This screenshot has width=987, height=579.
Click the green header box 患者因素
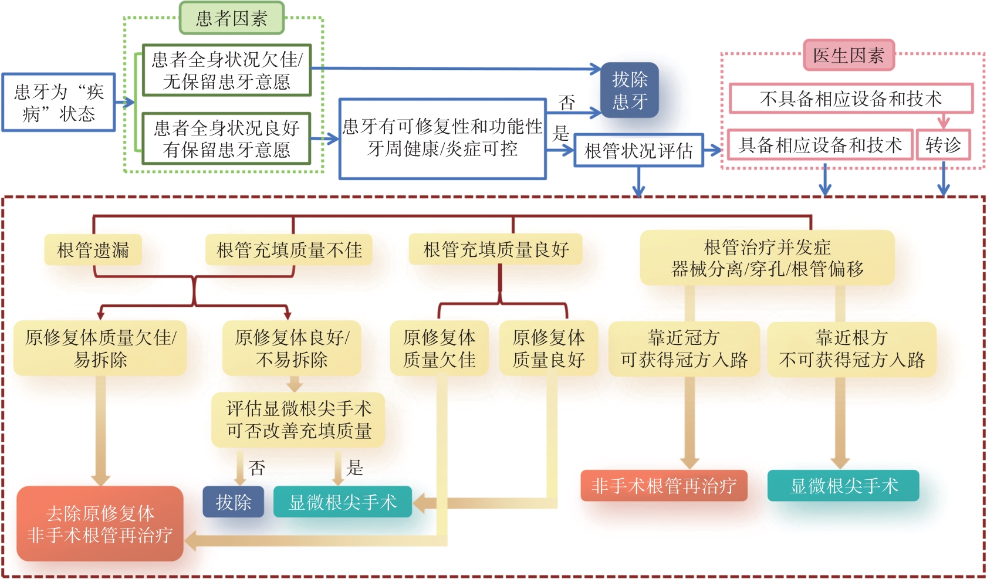[231, 18]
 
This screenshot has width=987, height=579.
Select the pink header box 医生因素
[848, 55]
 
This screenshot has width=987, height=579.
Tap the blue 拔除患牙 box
[630, 90]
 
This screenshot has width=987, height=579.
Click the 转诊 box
[943, 144]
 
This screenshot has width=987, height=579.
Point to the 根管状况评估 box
[638, 151]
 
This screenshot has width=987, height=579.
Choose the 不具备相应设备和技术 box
[850, 98]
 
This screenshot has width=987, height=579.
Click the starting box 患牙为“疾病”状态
[58, 102]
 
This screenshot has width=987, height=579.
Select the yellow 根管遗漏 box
[93, 250]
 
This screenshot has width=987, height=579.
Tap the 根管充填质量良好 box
[496, 249]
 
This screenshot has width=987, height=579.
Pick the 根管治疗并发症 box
[767, 258]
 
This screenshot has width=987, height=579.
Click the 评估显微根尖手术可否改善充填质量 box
[299, 420]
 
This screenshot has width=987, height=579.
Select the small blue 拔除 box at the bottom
[233, 502]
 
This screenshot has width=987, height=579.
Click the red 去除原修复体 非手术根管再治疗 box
[100, 524]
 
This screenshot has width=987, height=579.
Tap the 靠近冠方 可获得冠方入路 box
[684, 348]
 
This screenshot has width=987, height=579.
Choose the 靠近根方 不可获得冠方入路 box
[851, 348]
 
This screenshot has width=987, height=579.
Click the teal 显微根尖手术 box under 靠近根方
[843, 486]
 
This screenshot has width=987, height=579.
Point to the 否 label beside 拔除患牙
[567, 103]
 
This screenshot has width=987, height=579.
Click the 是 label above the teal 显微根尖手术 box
[354, 468]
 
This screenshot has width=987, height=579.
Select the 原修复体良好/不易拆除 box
[292, 348]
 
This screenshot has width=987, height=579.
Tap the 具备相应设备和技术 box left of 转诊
[820, 144]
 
